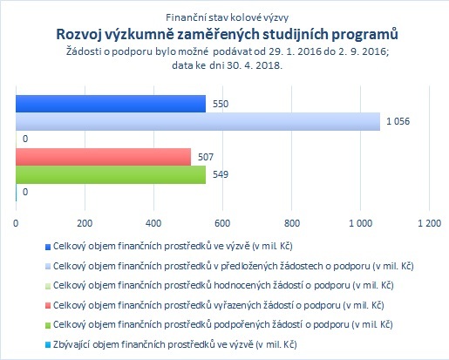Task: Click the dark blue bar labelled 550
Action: tap(111, 104)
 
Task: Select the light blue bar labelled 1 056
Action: tap(198, 121)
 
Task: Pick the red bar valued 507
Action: tap(104, 157)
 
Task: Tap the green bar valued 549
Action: tap(111, 174)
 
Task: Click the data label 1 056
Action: tap(398, 121)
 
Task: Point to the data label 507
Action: tap(206, 157)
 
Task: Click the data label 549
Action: tap(221, 174)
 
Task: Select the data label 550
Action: tap(221, 104)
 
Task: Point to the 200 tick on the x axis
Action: tap(85, 223)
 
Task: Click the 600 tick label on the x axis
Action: tap(222, 223)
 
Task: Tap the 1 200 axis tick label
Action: tap(429, 223)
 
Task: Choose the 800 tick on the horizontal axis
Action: tap(291, 223)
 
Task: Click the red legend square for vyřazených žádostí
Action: tap(48, 306)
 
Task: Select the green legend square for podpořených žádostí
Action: tap(48, 325)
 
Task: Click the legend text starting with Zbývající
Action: tap(175, 344)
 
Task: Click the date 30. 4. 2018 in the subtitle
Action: tap(254, 65)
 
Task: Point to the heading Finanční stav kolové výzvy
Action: tap(227, 17)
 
